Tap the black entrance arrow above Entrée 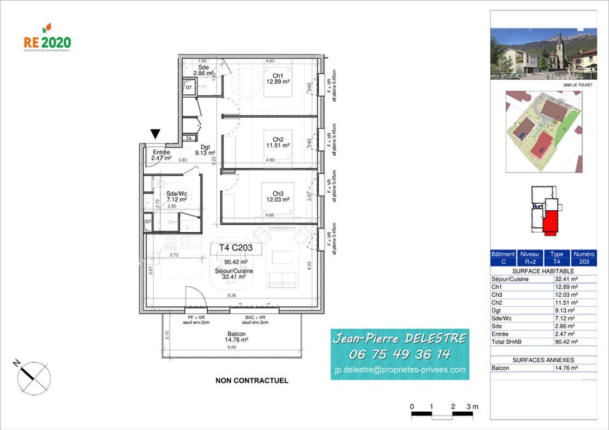coord(155,134)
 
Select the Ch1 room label coord(278,75)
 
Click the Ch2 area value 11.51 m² coord(278,145)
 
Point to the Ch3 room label coord(278,193)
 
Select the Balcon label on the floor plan coord(236,333)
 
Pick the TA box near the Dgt coord(188,139)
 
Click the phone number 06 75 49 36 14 coord(400,354)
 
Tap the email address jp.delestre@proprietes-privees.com coord(400,369)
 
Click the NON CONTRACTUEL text coord(252,381)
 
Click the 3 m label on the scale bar coord(472,407)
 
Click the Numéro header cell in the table coord(584,254)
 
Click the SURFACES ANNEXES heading coord(543,360)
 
